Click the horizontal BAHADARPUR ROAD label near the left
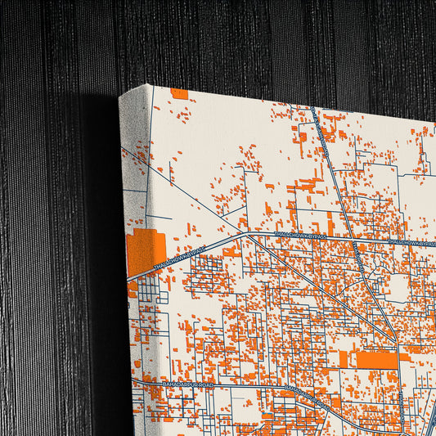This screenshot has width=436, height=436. (187, 382)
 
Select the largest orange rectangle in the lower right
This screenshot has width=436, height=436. (376, 359)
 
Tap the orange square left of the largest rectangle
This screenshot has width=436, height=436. (344, 359)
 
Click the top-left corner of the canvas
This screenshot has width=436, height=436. (120, 96)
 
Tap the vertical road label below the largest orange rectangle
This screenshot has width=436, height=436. (401, 393)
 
